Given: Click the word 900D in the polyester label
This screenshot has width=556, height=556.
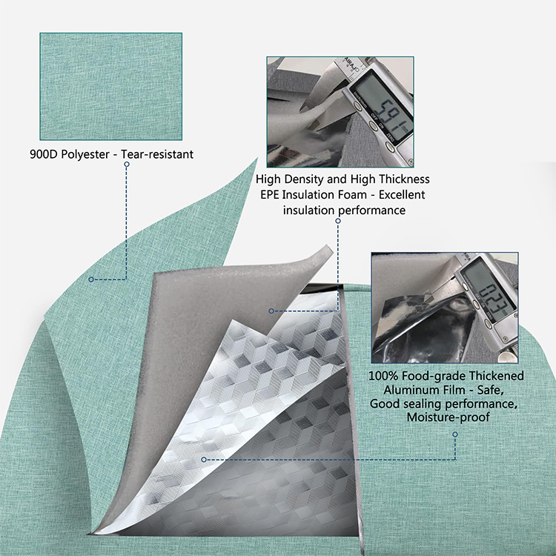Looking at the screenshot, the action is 44,154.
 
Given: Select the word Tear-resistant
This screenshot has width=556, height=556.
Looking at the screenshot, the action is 157,154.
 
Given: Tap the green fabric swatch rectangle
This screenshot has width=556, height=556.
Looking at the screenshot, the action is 111,87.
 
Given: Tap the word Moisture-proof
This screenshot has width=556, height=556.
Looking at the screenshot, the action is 449,417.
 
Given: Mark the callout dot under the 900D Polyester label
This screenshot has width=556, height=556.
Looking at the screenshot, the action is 127,164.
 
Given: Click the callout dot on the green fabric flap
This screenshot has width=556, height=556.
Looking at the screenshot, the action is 91,279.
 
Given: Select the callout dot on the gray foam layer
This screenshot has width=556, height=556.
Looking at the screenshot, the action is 271,311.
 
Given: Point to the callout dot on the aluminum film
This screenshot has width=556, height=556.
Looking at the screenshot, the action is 204,460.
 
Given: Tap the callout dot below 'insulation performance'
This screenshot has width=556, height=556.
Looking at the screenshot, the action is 338,221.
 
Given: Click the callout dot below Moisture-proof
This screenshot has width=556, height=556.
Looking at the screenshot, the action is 455,434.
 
